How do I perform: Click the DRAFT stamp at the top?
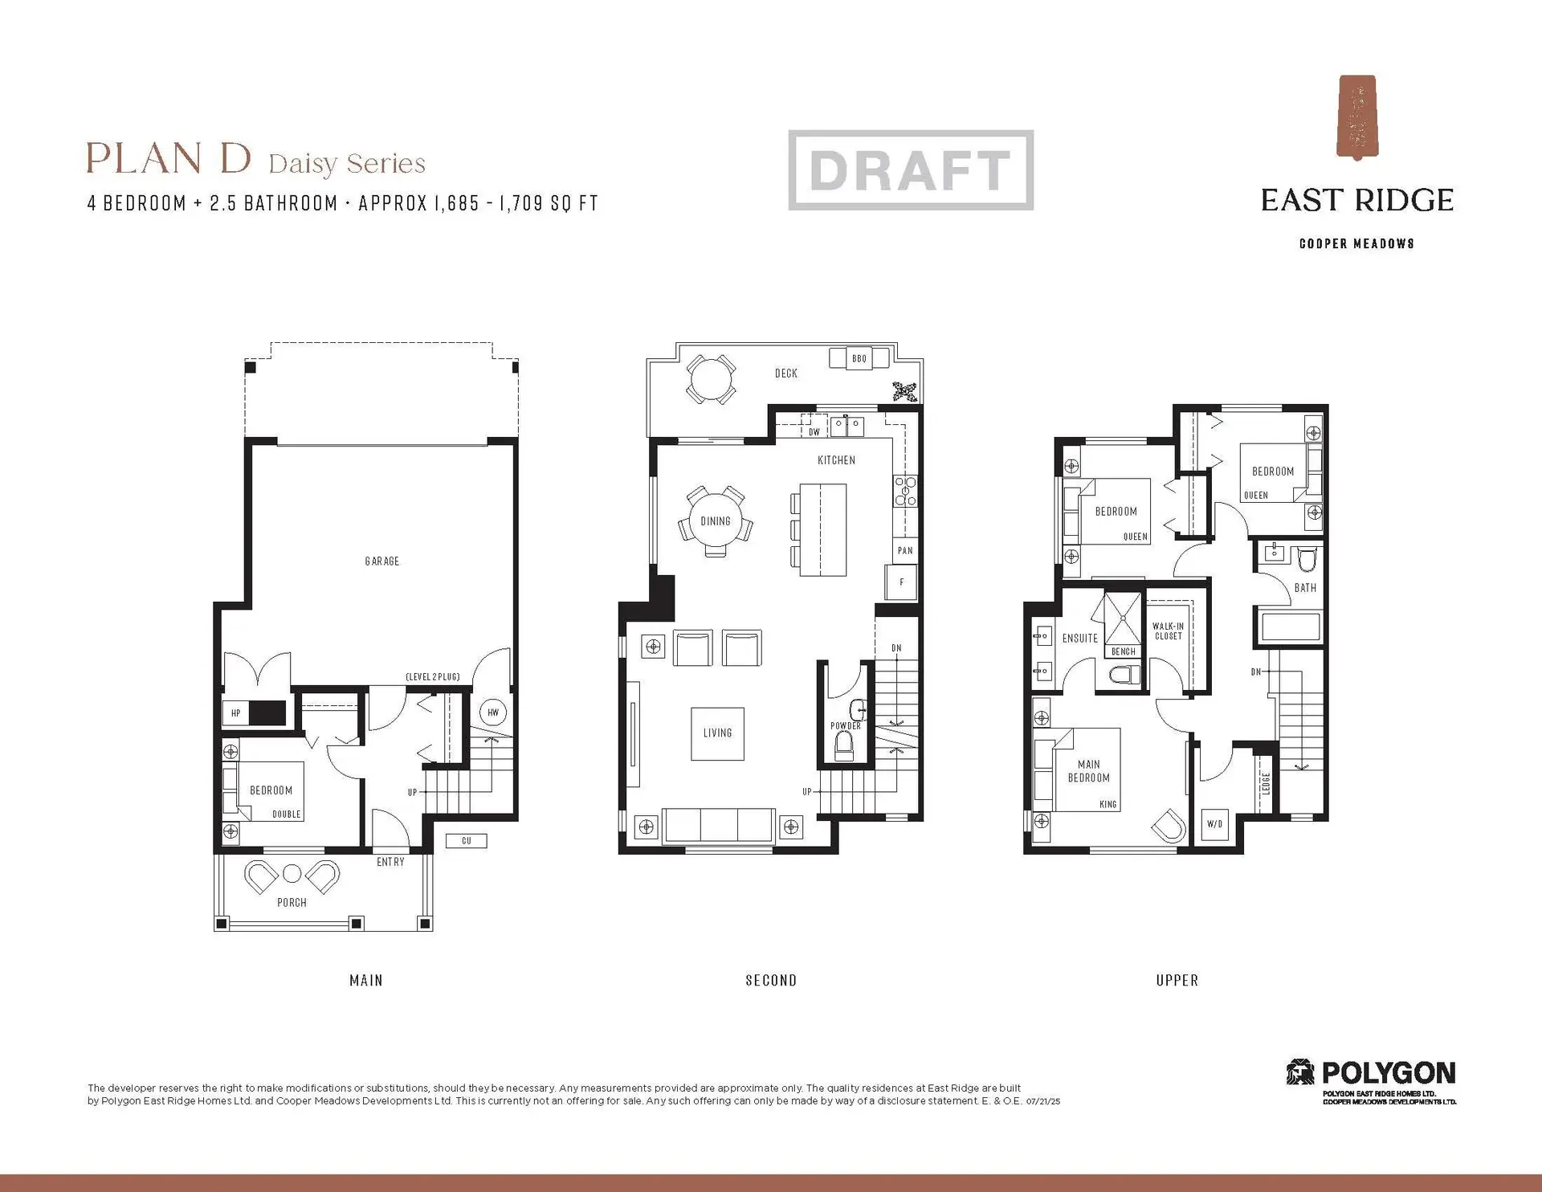[x=910, y=170]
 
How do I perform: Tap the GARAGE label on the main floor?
[x=381, y=561]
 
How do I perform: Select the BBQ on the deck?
[x=859, y=358]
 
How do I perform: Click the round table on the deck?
[x=711, y=379]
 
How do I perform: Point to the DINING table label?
[x=716, y=521]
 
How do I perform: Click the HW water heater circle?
[x=493, y=712]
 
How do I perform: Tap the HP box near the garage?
[x=236, y=713]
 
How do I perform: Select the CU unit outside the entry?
[x=467, y=841]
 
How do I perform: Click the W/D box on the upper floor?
[x=1214, y=824]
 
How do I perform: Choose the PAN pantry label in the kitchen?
[x=905, y=551]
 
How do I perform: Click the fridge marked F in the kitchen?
[x=901, y=582]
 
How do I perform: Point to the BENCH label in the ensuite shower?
[x=1123, y=651]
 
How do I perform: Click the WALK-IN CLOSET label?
[x=1168, y=631]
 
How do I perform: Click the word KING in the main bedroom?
[x=1108, y=804]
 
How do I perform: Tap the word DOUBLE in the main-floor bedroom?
[x=286, y=814]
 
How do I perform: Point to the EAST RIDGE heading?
[x=1356, y=201]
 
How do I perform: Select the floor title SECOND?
[x=771, y=981]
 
